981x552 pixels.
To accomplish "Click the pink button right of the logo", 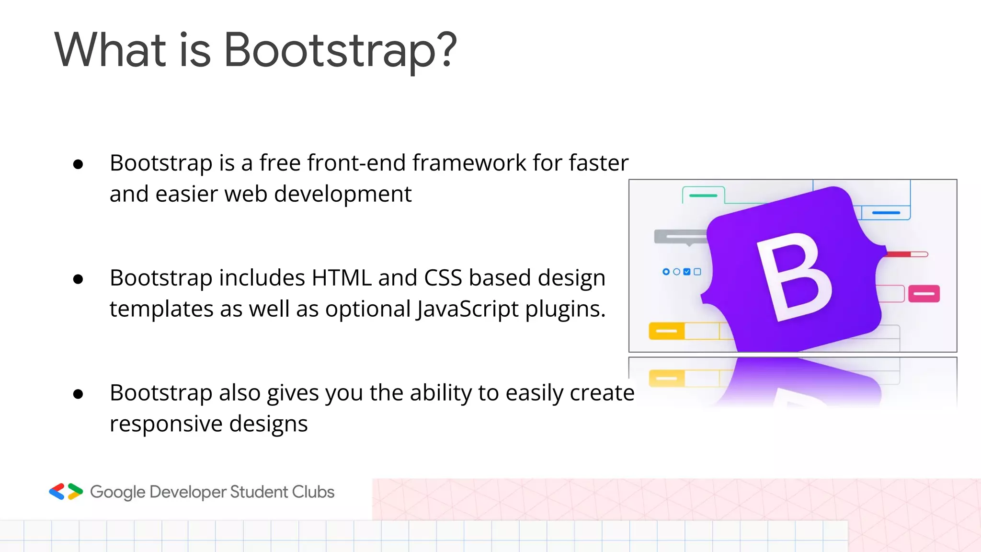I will [924, 294].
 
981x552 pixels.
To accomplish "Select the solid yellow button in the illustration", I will [666, 331].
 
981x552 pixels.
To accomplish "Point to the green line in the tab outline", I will [703, 195].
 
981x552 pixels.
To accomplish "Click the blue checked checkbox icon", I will [687, 272].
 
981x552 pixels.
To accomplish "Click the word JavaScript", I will [467, 309].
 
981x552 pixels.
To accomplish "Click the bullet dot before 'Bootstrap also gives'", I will [78, 394].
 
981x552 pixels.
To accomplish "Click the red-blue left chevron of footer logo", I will [57, 492].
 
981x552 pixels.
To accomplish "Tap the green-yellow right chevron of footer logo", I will [75, 492].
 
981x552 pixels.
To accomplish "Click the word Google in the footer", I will [117, 492].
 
